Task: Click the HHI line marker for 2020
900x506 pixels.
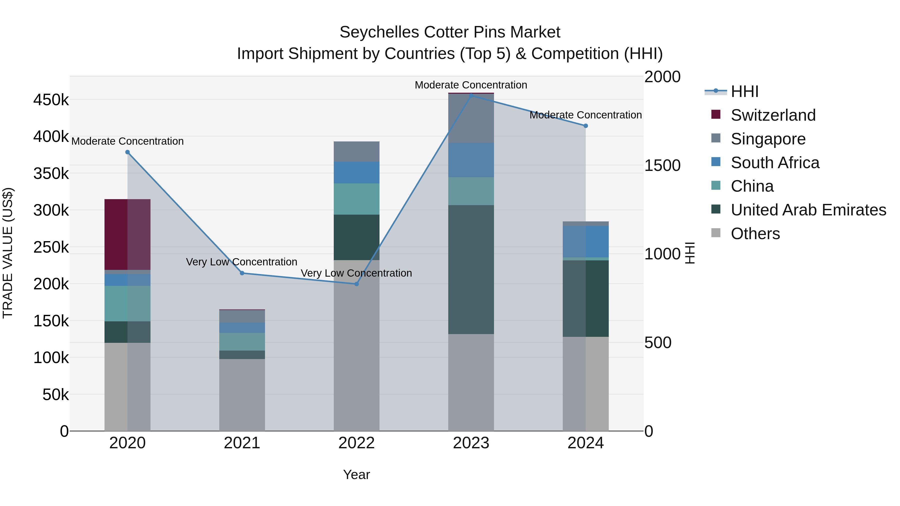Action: (127, 152)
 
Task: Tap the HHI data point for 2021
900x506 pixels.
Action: (242, 273)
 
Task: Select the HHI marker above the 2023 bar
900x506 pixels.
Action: (471, 95)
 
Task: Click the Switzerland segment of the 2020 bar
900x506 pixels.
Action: (127, 234)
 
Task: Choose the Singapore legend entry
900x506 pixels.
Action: (768, 139)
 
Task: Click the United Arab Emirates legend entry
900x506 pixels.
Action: (808, 210)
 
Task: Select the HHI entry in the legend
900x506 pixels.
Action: (744, 91)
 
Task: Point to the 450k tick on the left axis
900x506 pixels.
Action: (51, 100)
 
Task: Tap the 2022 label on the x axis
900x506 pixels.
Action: (356, 443)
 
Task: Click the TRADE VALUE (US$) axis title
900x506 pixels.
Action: (8, 253)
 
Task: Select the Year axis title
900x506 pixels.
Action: (356, 475)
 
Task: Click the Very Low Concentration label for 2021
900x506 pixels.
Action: (241, 262)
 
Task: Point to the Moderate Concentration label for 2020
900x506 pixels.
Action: (127, 141)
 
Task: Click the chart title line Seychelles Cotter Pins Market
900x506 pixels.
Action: (450, 32)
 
